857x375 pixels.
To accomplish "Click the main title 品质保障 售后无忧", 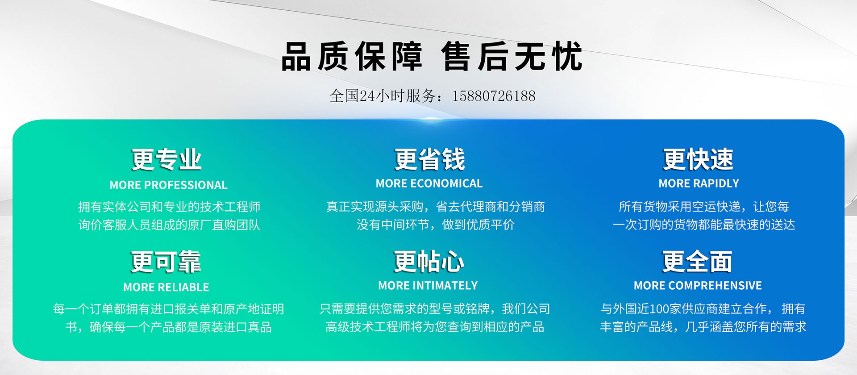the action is (432, 56).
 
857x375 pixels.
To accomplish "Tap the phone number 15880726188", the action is (494, 96).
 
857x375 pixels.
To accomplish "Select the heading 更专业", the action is (166, 159).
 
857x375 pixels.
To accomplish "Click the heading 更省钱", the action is (430, 159).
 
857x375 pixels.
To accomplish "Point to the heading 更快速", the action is (698, 159).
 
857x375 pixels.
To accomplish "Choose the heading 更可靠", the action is (166, 262).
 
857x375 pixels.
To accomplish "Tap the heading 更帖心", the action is (428, 262).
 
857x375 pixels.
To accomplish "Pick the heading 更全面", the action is (697, 262).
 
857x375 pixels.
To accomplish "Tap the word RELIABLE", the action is (185, 287).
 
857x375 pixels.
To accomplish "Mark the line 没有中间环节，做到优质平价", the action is (436, 225).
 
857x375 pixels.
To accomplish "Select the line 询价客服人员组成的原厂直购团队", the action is (169, 225).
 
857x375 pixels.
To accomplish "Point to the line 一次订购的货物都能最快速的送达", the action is (704, 225).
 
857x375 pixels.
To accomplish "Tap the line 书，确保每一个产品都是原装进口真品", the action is (169, 327).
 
